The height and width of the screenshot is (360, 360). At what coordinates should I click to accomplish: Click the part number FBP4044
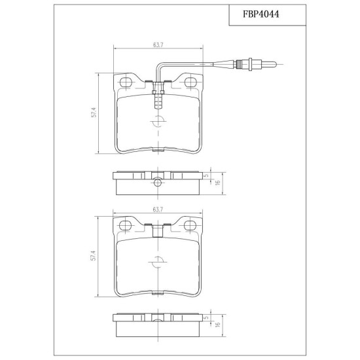261,14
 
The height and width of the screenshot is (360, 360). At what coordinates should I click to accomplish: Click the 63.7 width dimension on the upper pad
158,45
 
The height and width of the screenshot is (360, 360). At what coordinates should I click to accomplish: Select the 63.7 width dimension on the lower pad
158,209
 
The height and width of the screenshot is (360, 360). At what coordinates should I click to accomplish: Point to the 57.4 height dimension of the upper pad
94,113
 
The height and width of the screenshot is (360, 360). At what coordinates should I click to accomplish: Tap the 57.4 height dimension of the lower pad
93,255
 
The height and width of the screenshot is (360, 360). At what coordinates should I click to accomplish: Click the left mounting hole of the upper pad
126,82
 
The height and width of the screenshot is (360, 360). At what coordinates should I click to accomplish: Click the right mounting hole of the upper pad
190,82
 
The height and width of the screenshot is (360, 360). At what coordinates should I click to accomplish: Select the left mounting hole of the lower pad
125,225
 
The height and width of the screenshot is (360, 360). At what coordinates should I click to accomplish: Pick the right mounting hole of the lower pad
190,225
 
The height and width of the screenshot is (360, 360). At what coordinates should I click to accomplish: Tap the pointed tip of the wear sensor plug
276,64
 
